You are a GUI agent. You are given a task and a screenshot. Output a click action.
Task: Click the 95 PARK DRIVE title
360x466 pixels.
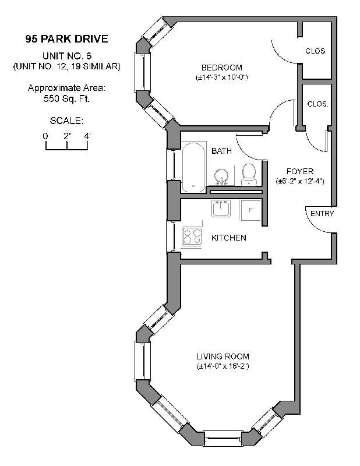coord(66,39)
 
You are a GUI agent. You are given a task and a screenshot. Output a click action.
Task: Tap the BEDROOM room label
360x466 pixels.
coord(222,68)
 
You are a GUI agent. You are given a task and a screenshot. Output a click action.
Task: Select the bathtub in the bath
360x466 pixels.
coord(193,167)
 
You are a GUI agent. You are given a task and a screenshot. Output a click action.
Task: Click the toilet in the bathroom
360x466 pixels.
coord(249,174)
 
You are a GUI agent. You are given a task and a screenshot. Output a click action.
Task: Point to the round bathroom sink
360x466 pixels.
coord(221,176)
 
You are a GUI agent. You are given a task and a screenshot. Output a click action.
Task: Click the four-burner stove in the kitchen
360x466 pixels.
coord(192,236)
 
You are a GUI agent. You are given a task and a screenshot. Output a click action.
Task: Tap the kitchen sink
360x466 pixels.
coord(221,209)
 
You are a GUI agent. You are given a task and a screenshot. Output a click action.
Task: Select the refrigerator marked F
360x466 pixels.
coord(250,210)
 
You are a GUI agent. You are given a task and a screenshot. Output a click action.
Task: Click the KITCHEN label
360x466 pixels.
coord(228,238)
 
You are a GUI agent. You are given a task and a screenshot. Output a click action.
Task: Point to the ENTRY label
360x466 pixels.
coord(322,214)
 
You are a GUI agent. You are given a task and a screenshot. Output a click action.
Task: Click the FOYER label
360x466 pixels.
coord(300,171)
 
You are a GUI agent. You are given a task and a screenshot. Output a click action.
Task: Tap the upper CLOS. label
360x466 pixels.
coord(316,51)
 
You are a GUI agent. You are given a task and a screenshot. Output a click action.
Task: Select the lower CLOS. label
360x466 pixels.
coord(318,104)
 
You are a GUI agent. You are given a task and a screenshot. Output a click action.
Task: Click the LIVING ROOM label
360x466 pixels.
coord(223,356)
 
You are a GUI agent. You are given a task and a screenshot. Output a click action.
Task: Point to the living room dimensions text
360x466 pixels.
coord(223,366)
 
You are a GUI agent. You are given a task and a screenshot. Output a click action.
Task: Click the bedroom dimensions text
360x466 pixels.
coord(222,77)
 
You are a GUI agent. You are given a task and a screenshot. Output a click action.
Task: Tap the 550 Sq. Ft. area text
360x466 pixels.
coord(66,98)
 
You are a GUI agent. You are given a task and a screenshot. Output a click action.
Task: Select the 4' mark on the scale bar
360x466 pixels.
coord(87,136)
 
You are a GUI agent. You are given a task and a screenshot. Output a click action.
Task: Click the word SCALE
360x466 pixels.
coord(66,121)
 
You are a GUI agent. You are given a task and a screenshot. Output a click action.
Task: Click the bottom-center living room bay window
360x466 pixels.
coord(223,439)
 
